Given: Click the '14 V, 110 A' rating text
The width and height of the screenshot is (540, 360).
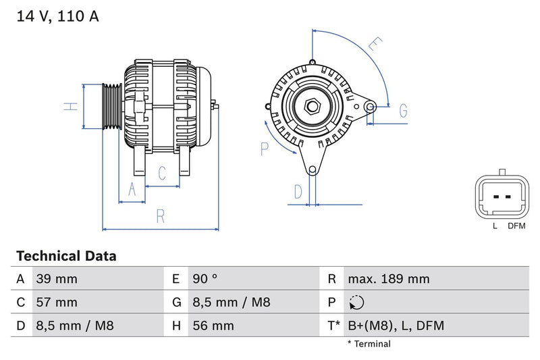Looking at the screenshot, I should click(x=57, y=17).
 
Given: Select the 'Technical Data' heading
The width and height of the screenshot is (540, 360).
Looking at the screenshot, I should click(x=66, y=256).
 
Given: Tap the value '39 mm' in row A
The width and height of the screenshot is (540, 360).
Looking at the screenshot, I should click(x=57, y=279).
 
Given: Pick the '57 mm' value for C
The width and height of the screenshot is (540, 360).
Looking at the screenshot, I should click(x=57, y=302).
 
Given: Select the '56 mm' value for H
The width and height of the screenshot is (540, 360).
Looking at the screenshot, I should click(x=213, y=326).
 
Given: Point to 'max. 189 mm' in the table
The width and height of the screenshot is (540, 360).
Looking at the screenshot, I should click(x=388, y=279).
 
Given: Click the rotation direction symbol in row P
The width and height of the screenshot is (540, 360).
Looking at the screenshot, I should click(x=357, y=303).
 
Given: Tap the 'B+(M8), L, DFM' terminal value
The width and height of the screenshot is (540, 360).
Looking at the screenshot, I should click(x=396, y=326).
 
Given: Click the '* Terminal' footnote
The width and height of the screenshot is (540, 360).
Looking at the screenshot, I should click(x=369, y=344).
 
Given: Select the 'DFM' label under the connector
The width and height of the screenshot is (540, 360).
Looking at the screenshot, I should click(x=516, y=226).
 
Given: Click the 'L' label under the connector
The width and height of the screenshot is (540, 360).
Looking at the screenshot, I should click(x=495, y=226).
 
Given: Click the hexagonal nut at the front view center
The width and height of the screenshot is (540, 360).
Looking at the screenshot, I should click(x=312, y=106).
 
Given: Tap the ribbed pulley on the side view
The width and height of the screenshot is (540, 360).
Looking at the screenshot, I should click(x=110, y=107).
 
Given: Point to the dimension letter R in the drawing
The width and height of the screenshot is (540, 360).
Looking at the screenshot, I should click(x=161, y=216).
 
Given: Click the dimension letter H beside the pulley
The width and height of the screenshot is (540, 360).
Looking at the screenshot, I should click(x=69, y=107).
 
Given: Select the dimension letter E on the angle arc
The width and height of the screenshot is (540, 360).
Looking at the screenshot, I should click(x=375, y=46).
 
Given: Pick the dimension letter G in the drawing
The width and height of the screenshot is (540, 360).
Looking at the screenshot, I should click(x=403, y=111).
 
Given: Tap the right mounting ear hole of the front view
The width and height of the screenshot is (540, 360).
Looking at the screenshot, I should click(x=369, y=106).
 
